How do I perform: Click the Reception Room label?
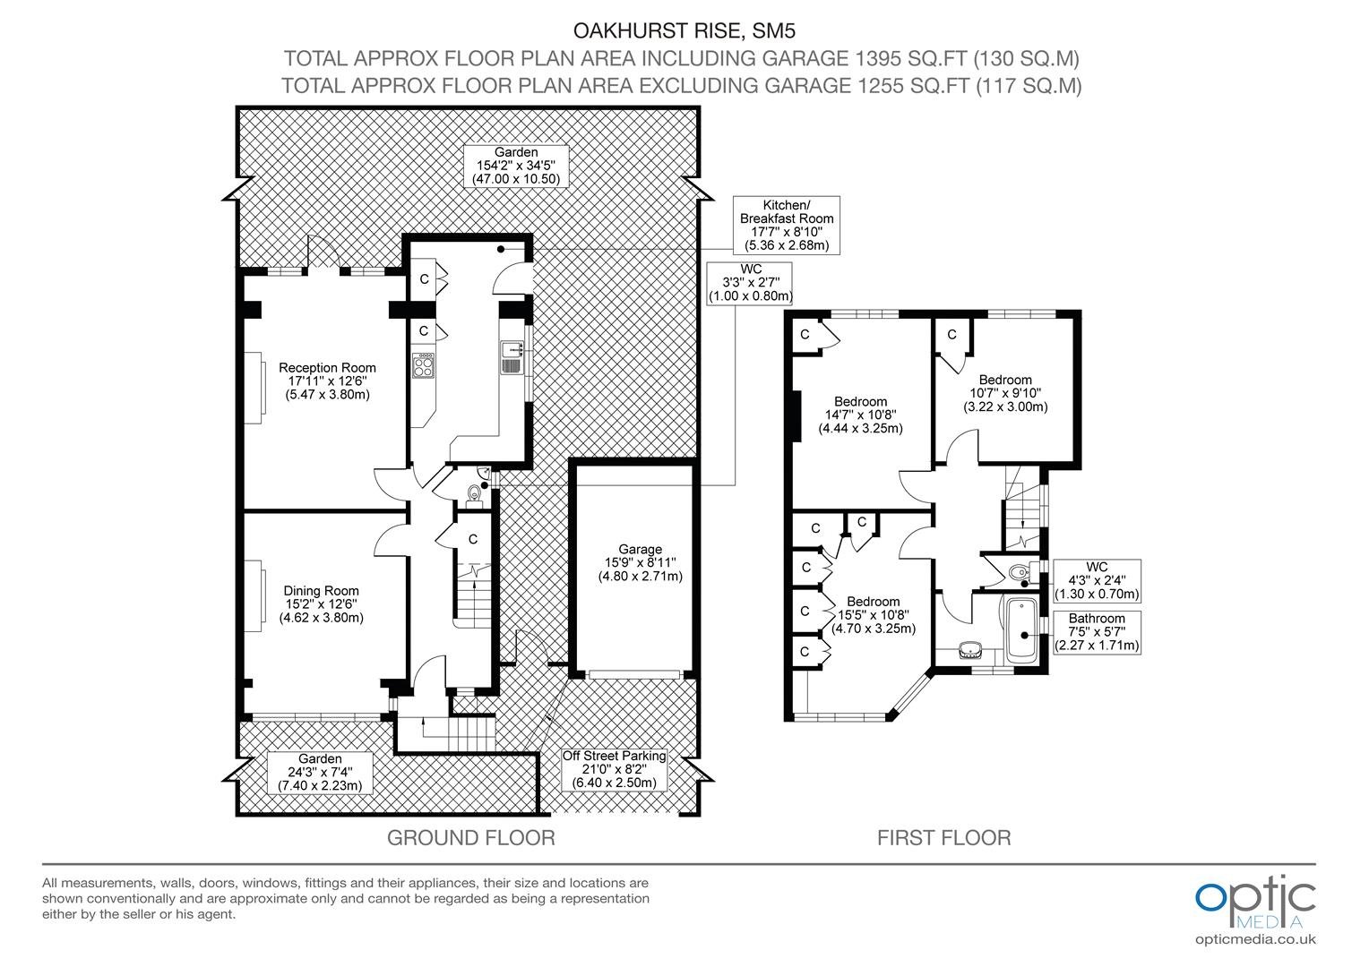tap(328, 381)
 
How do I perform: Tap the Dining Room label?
tap(322, 604)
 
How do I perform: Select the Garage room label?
tap(640, 562)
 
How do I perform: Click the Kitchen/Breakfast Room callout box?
tap(786, 225)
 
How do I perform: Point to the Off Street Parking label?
tap(615, 769)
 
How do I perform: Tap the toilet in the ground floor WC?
tap(473, 493)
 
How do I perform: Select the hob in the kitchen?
tap(424, 365)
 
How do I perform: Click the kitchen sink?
tap(511, 357)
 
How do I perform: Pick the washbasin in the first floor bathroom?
tap(970, 649)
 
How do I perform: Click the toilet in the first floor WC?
tap(1019, 572)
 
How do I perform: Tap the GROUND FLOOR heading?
tap(471, 837)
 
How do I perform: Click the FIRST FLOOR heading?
tap(943, 837)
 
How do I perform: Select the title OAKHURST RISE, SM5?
tap(684, 30)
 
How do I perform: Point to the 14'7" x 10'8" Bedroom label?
tap(860, 415)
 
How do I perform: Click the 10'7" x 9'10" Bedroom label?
tap(1005, 393)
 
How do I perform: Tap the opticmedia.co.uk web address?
tap(1255, 939)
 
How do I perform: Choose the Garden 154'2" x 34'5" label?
tap(516, 166)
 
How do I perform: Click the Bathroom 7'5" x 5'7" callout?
tap(1097, 631)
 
